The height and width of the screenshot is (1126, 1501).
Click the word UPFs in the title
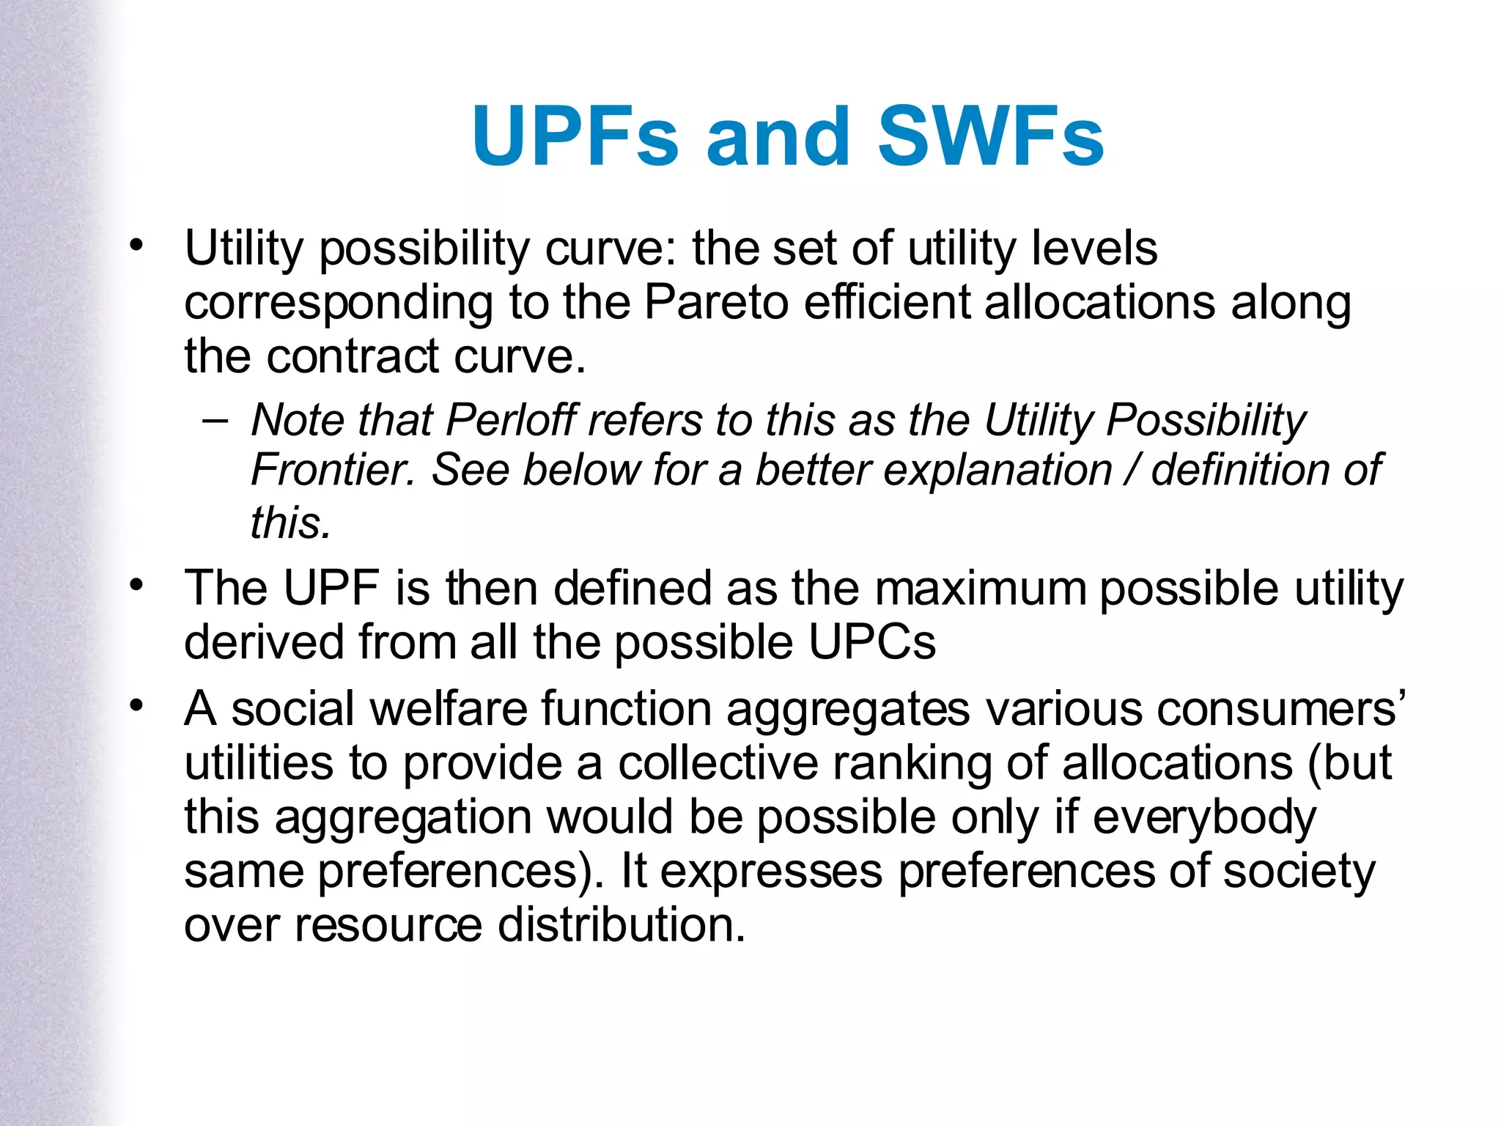pos(575,136)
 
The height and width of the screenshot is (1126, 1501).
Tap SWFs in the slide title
pos(990,136)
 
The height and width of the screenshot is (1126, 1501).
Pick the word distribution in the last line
pos(622,924)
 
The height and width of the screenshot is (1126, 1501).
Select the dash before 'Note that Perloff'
pos(214,420)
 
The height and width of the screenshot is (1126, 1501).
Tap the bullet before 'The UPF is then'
pos(135,586)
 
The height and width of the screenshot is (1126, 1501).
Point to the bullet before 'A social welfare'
pos(135,707)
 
